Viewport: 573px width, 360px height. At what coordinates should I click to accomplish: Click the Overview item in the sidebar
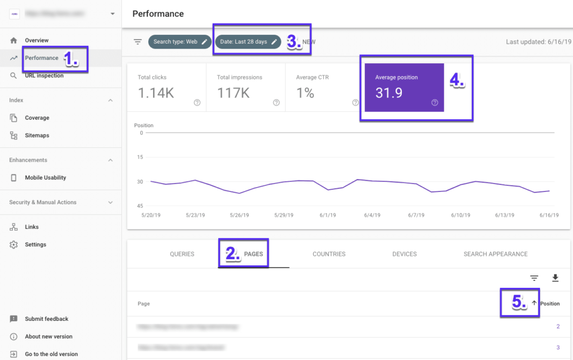(x=36, y=40)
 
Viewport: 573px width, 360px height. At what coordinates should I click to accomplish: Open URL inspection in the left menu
(x=44, y=76)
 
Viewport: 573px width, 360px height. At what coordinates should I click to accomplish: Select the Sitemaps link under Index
(x=37, y=135)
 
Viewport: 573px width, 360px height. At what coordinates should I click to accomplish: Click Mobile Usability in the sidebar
(x=45, y=177)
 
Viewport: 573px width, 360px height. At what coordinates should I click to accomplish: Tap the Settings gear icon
(x=14, y=245)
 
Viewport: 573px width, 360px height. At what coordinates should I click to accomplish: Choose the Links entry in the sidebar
(x=32, y=227)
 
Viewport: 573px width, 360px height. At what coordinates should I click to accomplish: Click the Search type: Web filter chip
(x=180, y=42)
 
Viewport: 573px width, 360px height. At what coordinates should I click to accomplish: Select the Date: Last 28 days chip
(x=248, y=42)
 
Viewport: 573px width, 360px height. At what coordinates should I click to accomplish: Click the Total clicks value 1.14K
(x=156, y=93)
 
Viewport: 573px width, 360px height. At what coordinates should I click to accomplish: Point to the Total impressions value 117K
(x=233, y=93)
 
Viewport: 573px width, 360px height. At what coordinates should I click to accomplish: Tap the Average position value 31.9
(x=389, y=93)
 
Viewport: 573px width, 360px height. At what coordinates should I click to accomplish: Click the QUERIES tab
(x=182, y=254)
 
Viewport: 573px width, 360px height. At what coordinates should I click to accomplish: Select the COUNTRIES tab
(x=329, y=254)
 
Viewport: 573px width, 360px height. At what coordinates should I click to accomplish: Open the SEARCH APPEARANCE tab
(x=495, y=254)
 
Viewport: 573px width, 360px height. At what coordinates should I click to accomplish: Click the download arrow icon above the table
(x=555, y=278)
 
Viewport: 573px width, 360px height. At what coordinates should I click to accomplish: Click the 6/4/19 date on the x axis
(x=372, y=215)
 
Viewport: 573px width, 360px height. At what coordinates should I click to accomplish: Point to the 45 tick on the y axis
(x=139, y=205)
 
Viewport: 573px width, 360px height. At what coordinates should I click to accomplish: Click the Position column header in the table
(x=549, y=303)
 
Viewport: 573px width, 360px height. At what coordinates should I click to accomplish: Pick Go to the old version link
(x=51, y=354)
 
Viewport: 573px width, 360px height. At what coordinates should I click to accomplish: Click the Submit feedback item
(x=46, y=319)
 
